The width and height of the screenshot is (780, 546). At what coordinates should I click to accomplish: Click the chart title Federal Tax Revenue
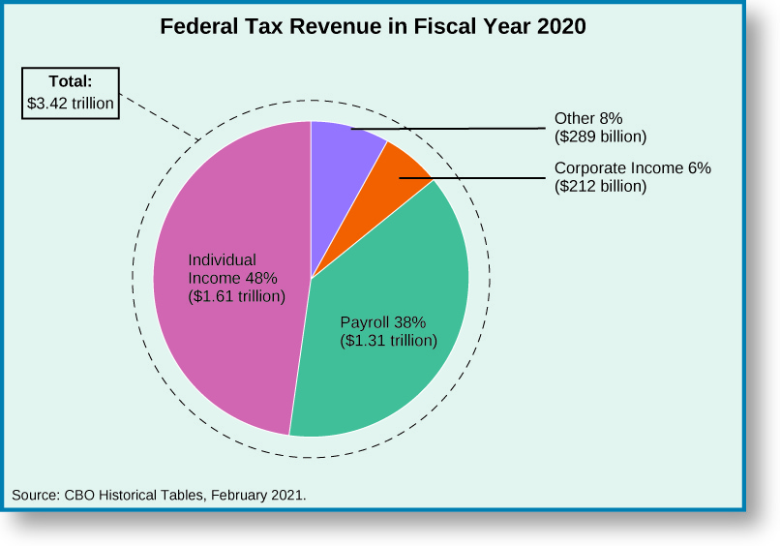coord(373,27)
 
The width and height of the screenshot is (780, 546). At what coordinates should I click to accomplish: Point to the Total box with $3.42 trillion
coord(71,92)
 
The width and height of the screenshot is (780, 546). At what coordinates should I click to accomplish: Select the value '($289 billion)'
coord(600,136)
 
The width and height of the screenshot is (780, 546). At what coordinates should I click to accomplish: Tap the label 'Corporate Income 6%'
coord(632,168)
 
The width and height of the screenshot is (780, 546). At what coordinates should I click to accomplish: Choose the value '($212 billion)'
coord(600,186)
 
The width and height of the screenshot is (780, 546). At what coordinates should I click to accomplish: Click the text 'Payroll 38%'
coord(383,322)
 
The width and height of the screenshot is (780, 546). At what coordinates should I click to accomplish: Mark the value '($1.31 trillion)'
coord(389,340)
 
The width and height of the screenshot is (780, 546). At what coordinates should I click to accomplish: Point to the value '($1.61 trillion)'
coord(236,295)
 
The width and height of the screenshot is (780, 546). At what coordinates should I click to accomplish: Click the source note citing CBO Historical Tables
coord(159,495)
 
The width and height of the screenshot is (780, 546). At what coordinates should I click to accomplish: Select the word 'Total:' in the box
coord(71,81)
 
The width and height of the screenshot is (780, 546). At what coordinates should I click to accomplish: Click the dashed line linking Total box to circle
coord(160,116)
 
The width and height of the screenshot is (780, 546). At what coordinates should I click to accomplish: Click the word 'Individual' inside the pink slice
coord(222,259)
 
